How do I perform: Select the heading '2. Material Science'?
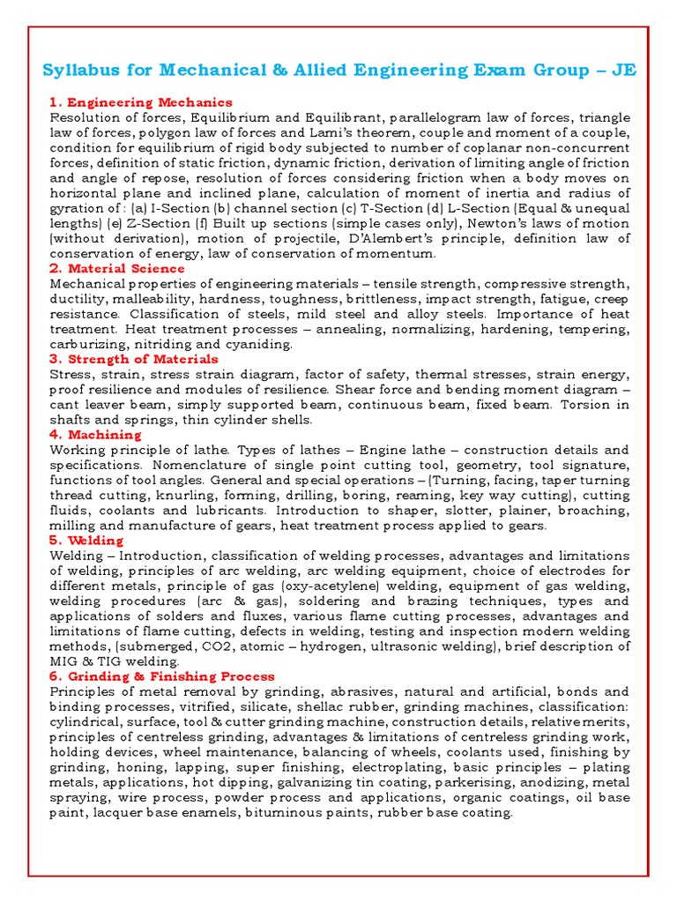click(117, 268)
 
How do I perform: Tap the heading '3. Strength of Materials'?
click(134, 359)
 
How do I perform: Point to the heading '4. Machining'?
click(95, 435)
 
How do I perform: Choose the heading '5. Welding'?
click(86, 540)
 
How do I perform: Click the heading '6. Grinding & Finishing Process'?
click(162, 676)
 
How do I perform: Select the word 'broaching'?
click(595, 511)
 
